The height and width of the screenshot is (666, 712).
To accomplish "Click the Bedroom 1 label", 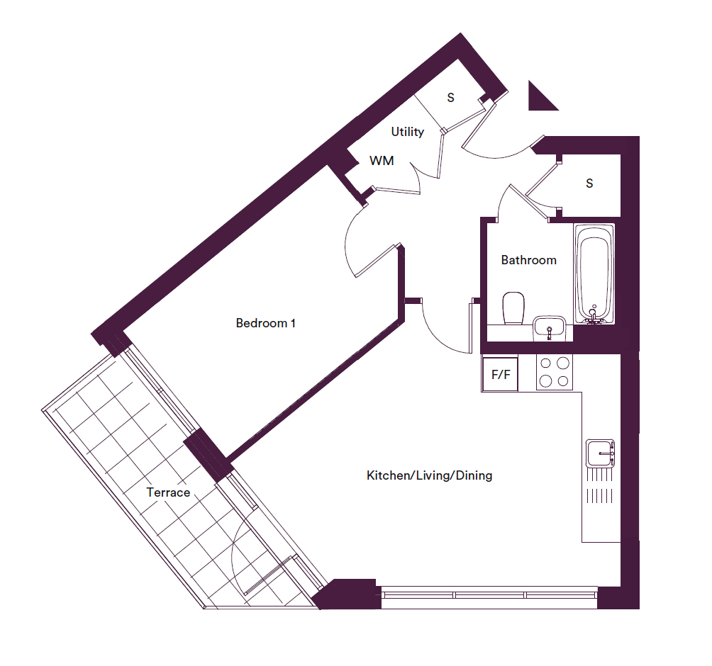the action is point(266,323).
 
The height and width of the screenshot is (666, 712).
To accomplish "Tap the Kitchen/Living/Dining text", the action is point(429,475).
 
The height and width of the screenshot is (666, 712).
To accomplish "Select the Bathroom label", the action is point(528,260).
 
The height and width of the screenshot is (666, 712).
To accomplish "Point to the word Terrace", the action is point(168,492).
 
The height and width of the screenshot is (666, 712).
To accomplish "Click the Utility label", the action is point(407,132).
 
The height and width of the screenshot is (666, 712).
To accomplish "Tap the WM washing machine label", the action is point(382,161).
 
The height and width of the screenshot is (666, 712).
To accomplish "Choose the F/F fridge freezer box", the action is point(500,375).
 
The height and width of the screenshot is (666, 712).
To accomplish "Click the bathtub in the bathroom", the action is point(594,274).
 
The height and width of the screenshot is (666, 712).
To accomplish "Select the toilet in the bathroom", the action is point(513,308).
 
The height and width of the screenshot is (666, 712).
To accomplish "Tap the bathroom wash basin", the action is point(550,327).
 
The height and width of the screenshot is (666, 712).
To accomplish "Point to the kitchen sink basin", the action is point(600,453).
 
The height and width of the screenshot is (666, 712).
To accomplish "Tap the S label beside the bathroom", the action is point(589,184).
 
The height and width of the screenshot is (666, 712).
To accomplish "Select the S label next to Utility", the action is point(450,98).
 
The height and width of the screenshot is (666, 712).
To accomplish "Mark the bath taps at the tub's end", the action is point(593,316).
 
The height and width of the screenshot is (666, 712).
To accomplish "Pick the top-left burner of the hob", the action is point(546,363).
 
